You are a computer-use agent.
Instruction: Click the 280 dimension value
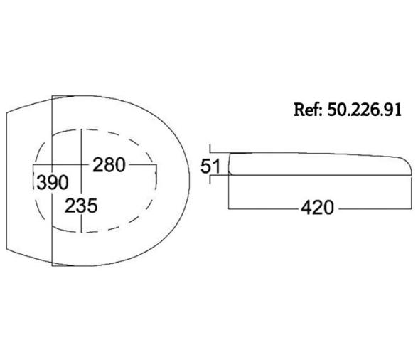109,165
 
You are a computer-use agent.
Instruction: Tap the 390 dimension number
53,183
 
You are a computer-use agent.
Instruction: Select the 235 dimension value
81,206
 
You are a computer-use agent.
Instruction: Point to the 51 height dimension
210,166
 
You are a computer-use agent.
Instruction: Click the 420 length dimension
317,208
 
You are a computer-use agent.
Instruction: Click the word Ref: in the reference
309,110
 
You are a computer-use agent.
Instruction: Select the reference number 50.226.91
364,110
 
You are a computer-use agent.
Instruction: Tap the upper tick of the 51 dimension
210,149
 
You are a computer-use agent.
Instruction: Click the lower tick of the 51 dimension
210,179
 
